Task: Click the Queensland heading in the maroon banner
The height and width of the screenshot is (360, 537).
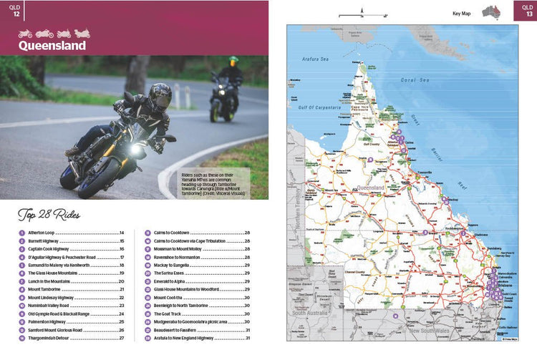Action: tap(52, 46)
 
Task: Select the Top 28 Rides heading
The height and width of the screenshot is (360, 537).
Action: tap(49, 215)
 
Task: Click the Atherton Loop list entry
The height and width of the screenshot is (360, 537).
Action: tap(42, 233)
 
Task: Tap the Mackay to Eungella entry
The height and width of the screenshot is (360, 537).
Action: tap(176, 265)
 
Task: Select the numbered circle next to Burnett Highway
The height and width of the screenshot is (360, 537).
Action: tap(22, 241)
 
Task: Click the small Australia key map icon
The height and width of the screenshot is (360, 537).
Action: tap(491, 12)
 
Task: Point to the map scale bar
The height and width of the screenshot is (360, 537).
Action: tap(363, 15)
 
